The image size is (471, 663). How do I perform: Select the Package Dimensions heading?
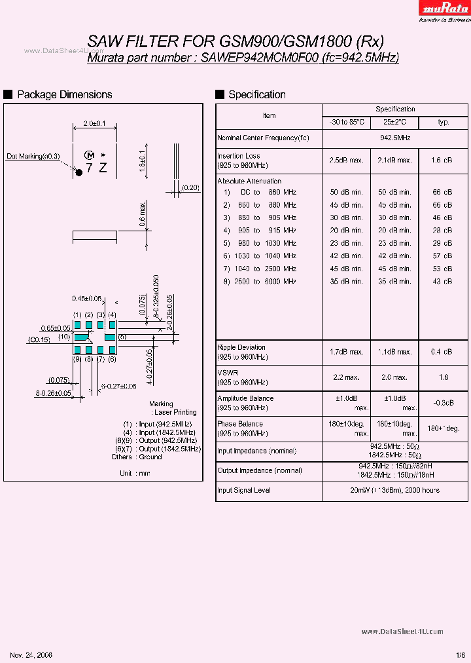pos(64,95)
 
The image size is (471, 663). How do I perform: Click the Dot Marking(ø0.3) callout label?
pos(33,156)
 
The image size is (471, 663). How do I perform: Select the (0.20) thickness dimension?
pos(191,188)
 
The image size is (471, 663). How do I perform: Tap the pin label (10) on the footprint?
pos(63,337)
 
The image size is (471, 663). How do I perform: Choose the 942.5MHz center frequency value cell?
pos(395,138)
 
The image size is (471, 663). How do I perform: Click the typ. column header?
pos(444,123)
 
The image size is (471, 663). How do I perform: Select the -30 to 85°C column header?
pos(347,123)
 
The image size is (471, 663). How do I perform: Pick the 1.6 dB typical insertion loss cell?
pos(443,160)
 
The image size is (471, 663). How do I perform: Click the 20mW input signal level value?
pos(395,490)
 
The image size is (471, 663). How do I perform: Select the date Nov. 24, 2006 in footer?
pos(31,655)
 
